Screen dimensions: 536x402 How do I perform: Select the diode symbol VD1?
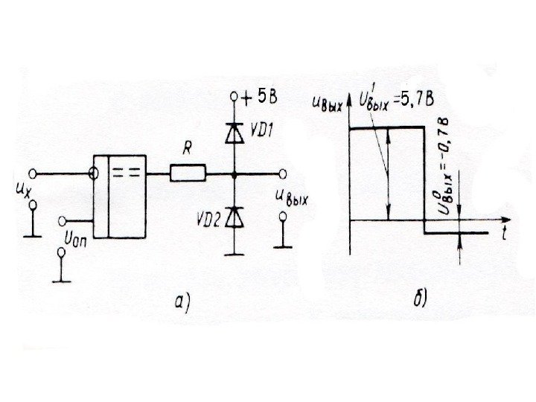click(234, 133)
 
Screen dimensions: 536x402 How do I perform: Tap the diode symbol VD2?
click(234, 216)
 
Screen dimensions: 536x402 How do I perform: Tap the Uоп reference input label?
click(77, 240)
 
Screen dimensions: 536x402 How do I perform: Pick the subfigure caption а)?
click(182, 302)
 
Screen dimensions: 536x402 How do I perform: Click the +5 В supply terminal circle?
click(234, 97)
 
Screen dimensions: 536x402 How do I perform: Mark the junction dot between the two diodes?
click(234, 175)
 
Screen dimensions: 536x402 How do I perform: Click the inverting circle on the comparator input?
click(93, 175)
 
